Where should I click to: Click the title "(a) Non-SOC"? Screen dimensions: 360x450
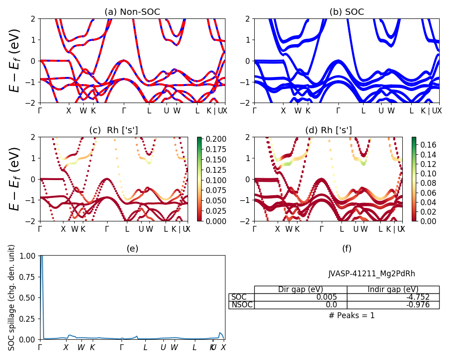coord(132,12)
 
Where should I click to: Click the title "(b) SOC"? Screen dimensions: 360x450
coord(346,12)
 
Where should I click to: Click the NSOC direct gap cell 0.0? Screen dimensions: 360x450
coord(337,305)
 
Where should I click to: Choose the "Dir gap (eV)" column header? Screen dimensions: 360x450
coord(301,289)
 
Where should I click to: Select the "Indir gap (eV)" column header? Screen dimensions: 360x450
coord(393,289)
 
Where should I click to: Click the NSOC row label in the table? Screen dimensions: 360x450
coord(242,305)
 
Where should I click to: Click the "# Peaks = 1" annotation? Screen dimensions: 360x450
coord(351,315)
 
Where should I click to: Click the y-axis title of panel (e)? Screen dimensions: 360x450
coord(12,297)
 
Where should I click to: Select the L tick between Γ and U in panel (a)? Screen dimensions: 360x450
coord(149,111)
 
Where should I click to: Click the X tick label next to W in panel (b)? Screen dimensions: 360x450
coord(283,111)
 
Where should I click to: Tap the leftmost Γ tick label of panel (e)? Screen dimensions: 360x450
coord(40,347)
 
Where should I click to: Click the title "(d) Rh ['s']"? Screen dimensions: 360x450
coord(328,130)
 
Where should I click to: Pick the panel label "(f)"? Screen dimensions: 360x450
coord(346,248)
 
